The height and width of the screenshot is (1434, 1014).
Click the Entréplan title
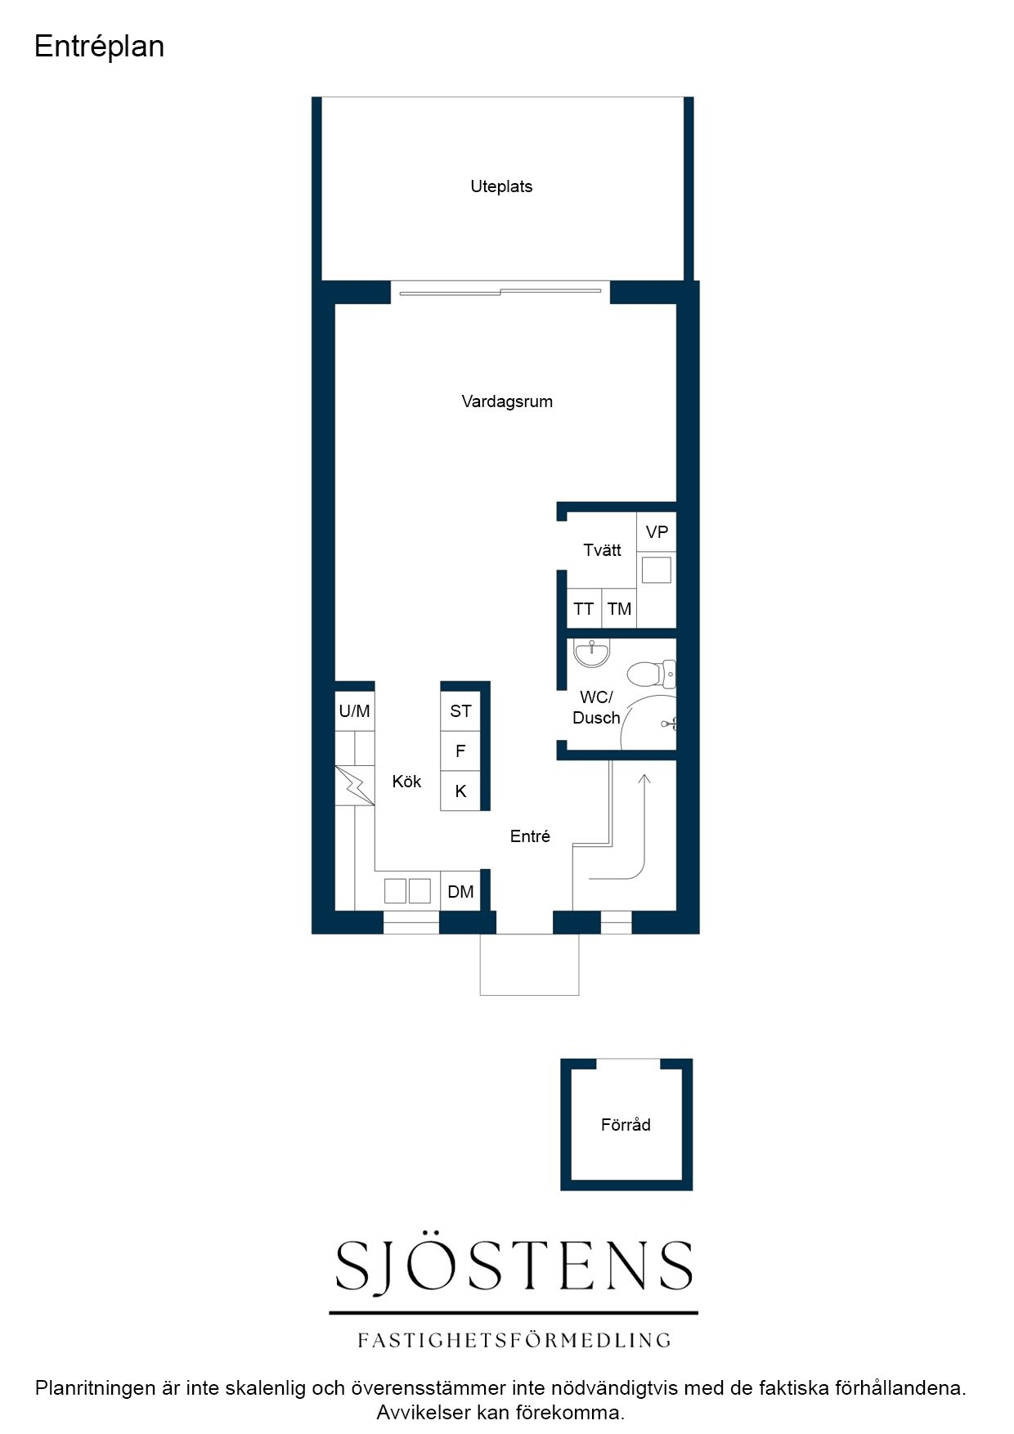(99, 47)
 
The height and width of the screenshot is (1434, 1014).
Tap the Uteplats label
(501, 186)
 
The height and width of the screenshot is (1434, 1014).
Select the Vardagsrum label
(507, 401)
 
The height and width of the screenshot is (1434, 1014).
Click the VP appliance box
(657, 532)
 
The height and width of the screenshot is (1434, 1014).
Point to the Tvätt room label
(602, 550)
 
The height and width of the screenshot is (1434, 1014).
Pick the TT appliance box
(584, 609)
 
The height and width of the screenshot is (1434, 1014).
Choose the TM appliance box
(619, 609)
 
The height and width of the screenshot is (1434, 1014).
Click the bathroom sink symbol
(591, 653)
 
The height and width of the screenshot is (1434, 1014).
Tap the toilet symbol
(652, 674)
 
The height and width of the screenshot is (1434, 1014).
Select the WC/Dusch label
(596, 708)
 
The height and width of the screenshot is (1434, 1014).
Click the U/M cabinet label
(354, 711)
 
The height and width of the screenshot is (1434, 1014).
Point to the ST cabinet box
(460, 711)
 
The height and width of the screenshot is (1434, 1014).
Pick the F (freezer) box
(460, 751)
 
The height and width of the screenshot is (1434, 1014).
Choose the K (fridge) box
(460, 791)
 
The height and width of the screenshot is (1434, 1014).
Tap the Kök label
(406, 782)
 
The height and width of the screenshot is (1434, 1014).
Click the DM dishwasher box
(460, 891)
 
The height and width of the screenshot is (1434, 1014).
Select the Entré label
(530, 836)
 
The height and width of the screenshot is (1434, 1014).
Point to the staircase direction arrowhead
(644, 779)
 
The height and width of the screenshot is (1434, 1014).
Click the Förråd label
(626, 1125)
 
